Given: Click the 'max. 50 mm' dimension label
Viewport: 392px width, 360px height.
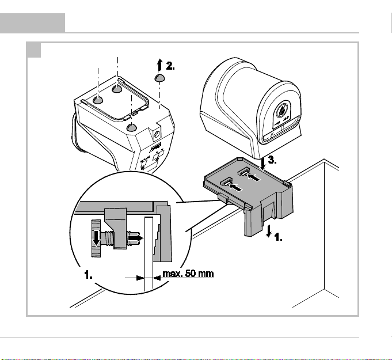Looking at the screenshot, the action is coord(188,274).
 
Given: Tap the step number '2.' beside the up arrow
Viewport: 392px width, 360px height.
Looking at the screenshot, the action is coord(170,66).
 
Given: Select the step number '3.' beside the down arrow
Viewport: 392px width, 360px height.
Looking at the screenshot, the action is coord(272,160).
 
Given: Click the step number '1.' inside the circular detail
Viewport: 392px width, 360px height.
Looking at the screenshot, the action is coord(88,275).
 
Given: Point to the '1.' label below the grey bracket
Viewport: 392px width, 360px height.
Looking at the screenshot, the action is coord(278,237).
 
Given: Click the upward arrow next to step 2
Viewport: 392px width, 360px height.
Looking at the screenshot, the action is coord(160,65).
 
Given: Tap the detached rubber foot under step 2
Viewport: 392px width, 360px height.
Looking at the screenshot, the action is coord(159,78).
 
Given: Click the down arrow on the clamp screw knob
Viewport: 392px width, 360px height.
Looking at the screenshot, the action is coord(96,238).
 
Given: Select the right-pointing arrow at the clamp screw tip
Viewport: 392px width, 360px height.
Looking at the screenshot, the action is coord(135,238).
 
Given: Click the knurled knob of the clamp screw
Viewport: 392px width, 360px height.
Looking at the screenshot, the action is coord(96,238).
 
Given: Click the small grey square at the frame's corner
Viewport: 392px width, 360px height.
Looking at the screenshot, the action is coord(34,50).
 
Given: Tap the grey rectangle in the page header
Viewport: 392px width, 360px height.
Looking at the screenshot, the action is coord(32,23).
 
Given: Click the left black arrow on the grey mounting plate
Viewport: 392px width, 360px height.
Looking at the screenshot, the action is coord(235,187).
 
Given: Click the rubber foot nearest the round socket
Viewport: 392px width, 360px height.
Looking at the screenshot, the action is coord(131,127).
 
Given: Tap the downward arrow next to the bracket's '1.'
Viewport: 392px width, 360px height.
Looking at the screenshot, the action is coord(269,231).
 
